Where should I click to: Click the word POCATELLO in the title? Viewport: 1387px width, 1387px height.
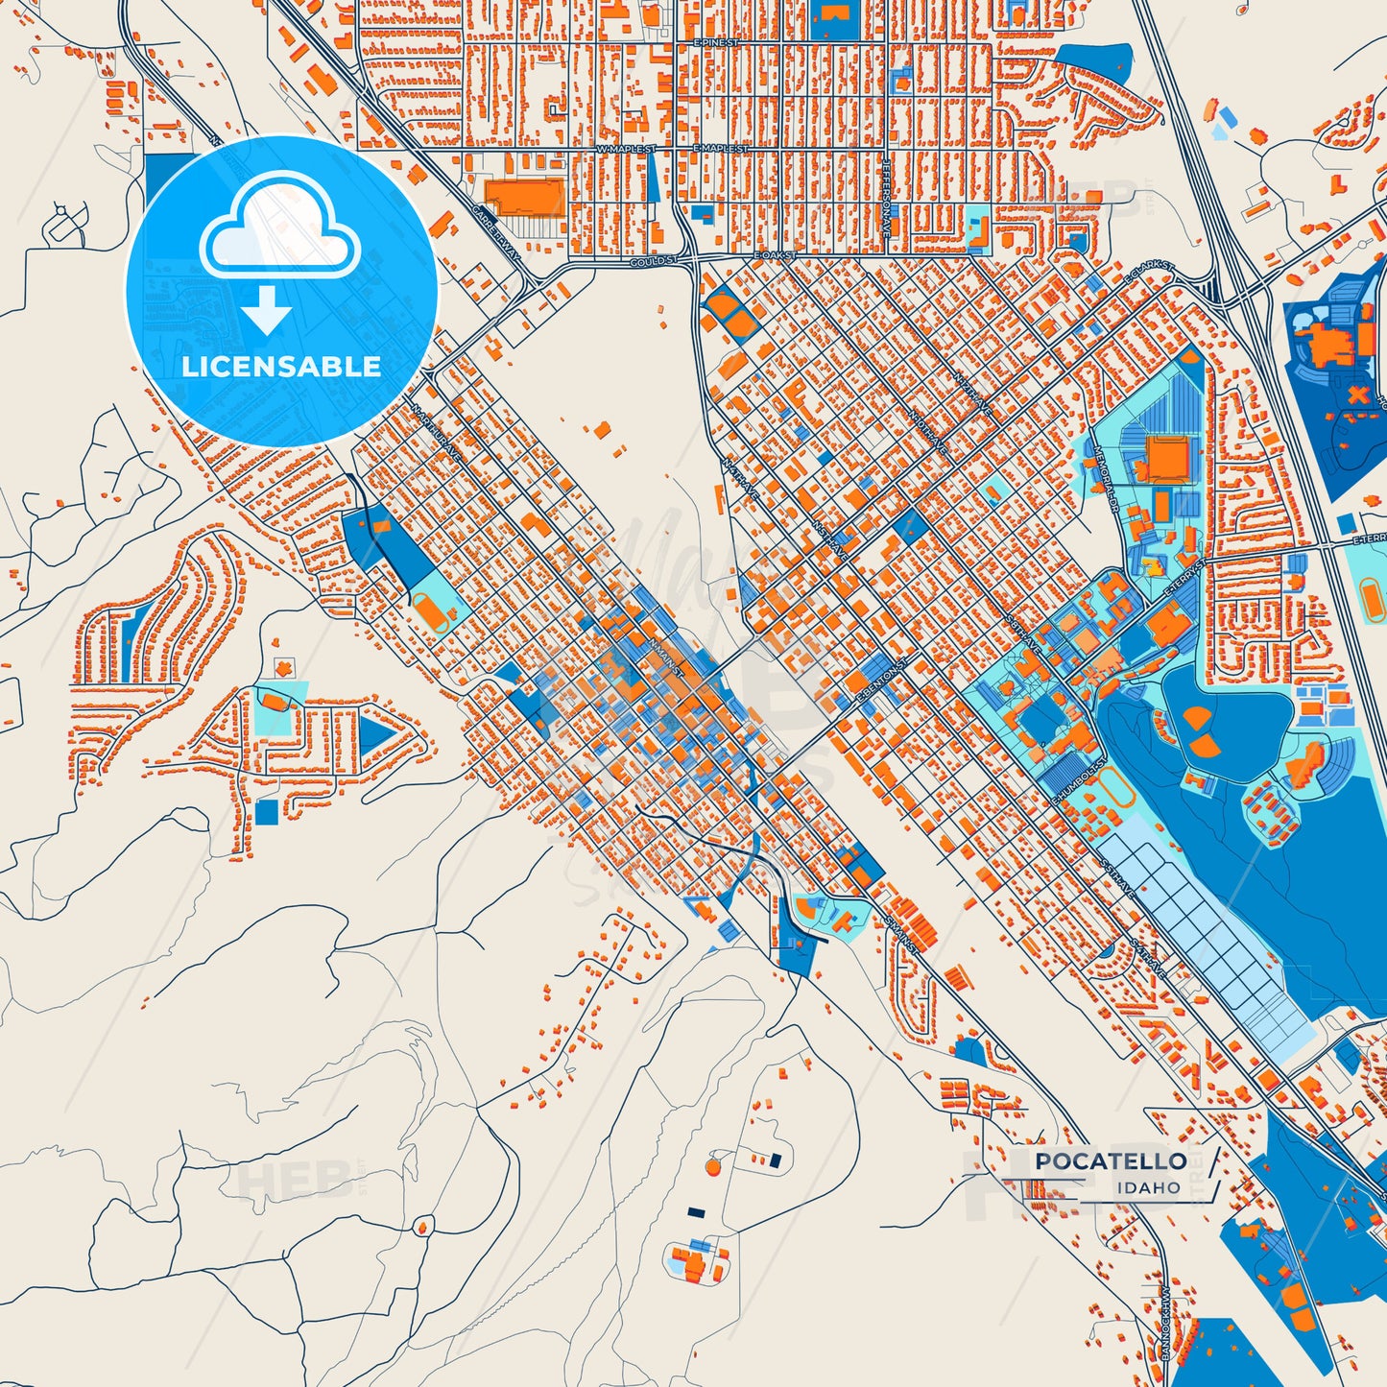1111,1161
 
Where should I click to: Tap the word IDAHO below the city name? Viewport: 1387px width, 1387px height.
1148,1188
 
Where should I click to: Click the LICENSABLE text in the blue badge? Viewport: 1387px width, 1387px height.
281,367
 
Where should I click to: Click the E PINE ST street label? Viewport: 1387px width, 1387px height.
716,43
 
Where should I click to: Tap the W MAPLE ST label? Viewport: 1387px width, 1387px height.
626,150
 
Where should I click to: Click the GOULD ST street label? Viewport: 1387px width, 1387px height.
654,261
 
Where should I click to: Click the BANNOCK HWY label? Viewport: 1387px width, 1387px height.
1166,1322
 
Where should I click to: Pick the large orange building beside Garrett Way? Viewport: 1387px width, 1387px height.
524,196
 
